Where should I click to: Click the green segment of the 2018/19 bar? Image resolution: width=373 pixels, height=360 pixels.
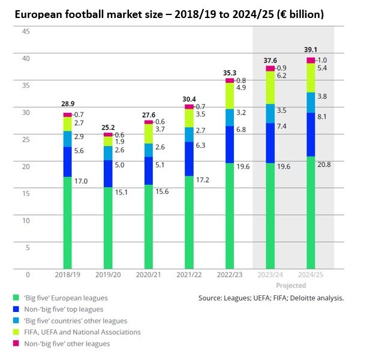[x=68, y=222]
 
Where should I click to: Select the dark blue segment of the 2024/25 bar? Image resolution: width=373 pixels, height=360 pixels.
[x=311, y=134]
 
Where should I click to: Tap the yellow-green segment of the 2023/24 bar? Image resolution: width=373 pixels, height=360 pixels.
[x=270, y=88]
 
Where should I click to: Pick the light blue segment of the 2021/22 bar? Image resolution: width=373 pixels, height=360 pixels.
[x=189, y=134]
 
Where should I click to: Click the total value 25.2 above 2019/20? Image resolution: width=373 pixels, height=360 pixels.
[x=108, y=127]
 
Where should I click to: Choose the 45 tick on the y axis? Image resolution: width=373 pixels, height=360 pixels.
[x=26, y=31]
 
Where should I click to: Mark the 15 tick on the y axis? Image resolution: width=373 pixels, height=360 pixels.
[x=26, y=193]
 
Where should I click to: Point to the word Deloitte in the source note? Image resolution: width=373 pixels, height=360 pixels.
[x=300, y=298]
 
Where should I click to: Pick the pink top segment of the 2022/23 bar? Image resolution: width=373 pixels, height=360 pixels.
[x=230, y=80]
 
